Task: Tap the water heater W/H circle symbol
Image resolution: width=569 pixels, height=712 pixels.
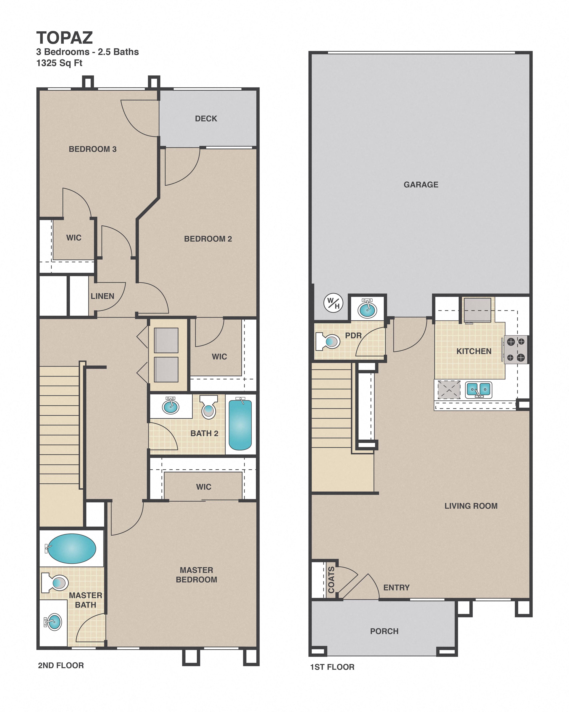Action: click(333, 303)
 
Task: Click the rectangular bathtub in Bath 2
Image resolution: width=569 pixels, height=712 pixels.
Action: click(240, 425)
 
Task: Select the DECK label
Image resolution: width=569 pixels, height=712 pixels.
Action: click(206, 118)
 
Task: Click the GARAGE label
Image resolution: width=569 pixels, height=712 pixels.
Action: click(421, 185)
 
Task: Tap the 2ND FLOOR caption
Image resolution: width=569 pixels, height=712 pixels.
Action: click(61, 665)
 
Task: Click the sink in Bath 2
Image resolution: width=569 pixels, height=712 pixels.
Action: click(171, 406)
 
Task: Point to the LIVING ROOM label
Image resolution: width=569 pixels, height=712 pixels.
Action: click(471, 506)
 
